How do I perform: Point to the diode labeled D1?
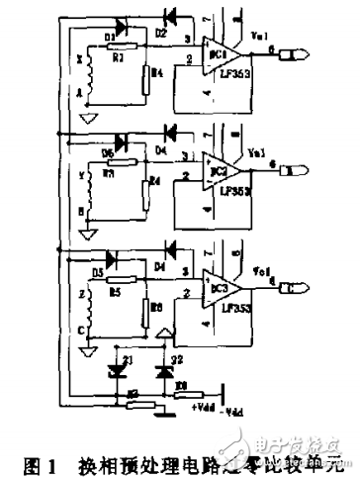[x=123, y=23]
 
